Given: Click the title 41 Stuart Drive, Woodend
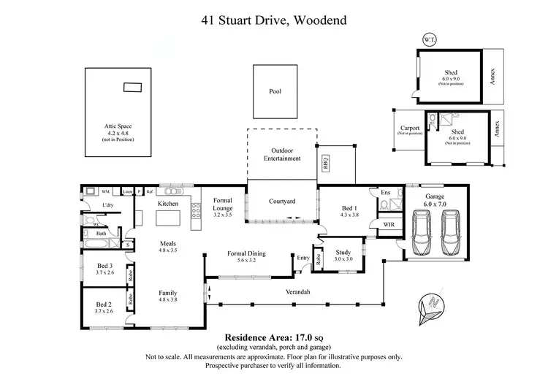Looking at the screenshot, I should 273,20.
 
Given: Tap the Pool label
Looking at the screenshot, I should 275,91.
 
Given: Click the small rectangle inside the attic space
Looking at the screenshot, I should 132,87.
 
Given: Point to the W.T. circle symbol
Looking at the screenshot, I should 427,39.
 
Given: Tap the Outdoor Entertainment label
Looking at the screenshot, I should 281,154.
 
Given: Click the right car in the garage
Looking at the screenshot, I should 452,232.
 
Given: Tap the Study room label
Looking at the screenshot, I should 343,255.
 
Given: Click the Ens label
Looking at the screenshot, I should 385,193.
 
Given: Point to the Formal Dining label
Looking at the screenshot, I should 246,253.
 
